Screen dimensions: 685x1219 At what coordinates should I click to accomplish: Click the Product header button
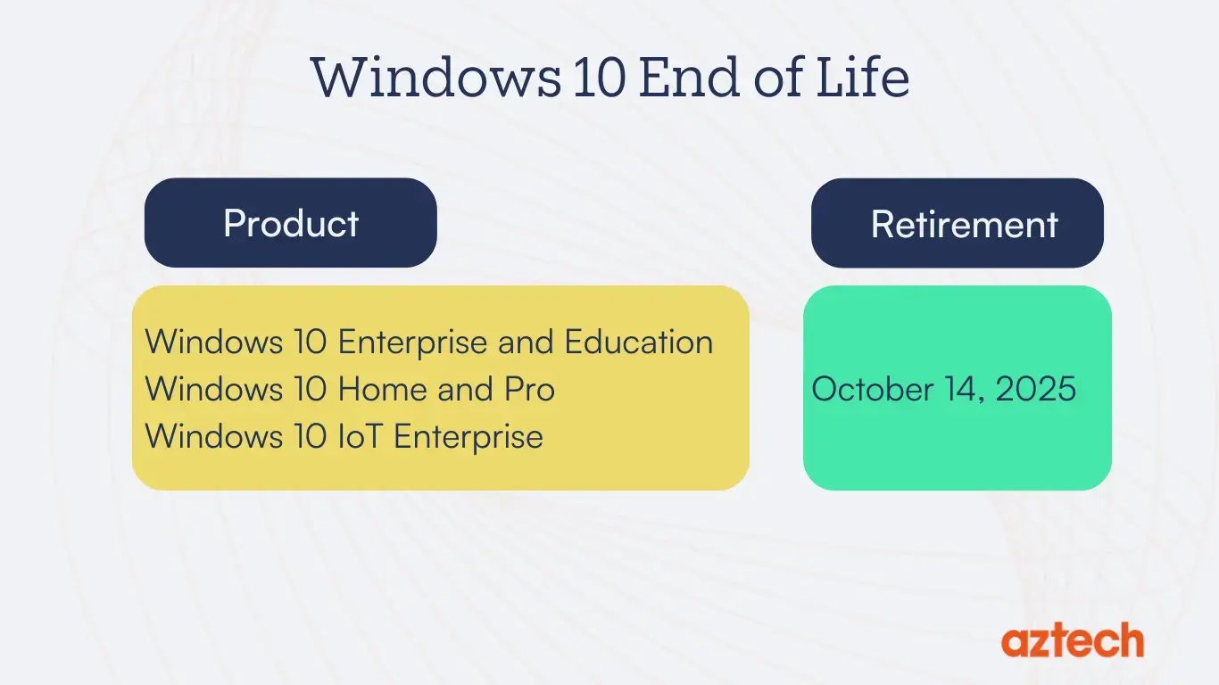click(291, 223)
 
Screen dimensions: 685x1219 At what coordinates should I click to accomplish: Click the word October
click(873, 390)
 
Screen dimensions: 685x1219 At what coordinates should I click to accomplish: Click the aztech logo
click(1072, 640)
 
